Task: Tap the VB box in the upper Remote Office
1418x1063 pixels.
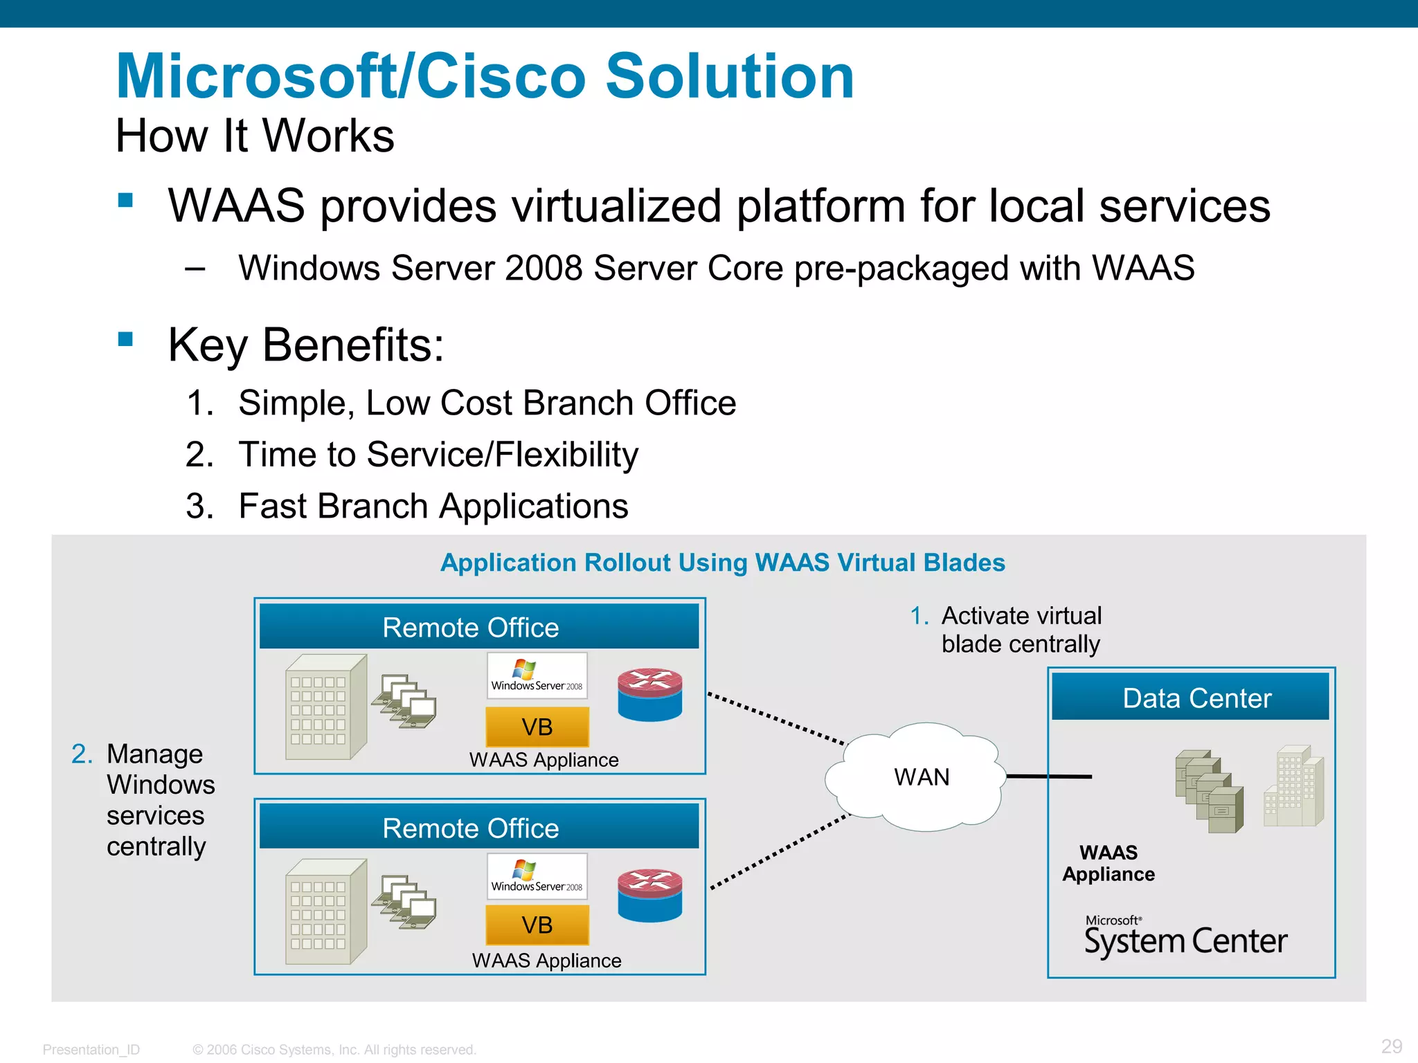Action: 537,727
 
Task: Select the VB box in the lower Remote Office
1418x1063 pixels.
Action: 537,925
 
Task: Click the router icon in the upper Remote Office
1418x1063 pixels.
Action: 649,694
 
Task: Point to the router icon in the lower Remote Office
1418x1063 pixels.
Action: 649,895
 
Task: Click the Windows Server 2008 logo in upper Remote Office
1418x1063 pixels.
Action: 537,675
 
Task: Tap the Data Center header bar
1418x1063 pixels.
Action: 1190,698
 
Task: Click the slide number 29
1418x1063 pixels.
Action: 1392,1046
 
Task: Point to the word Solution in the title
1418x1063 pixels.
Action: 730,76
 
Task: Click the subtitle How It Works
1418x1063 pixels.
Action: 255,136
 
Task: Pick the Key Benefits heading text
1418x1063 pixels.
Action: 305,345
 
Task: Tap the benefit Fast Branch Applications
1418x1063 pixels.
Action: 433,506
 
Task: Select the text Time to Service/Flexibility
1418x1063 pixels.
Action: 438,455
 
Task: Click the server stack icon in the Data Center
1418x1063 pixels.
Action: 1209,790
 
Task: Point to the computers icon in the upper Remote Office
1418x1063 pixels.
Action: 404,701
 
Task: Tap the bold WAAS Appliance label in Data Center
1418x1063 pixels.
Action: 1109,863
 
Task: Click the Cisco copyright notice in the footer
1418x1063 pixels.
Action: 334,1050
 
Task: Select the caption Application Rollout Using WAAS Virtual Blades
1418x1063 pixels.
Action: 723,563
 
